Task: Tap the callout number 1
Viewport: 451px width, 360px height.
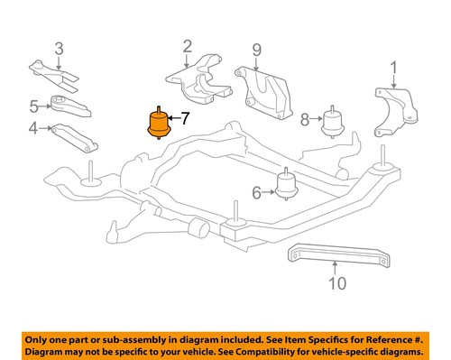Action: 393,66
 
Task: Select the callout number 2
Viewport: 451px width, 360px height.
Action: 188,45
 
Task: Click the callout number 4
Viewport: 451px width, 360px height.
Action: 33,129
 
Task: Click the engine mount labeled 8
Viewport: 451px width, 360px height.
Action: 336,117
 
